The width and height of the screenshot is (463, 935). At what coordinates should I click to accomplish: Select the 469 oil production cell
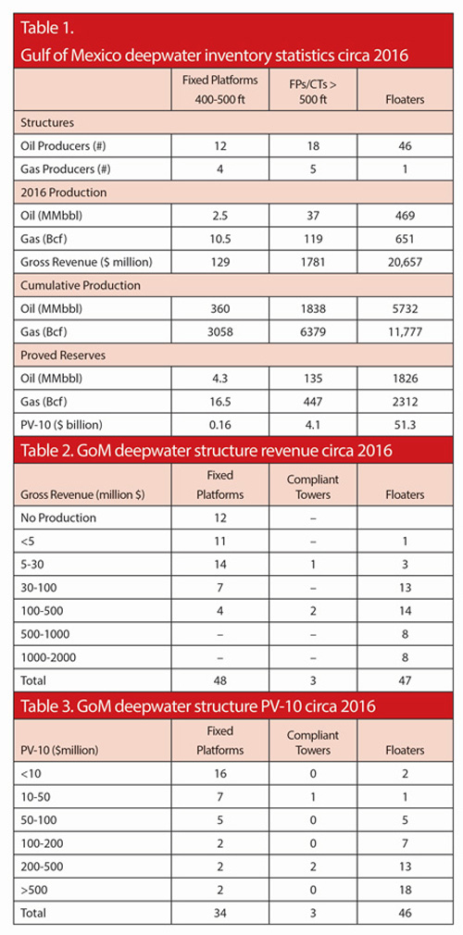(x=406, y=215)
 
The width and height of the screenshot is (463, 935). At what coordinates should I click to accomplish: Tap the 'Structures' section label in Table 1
(x=47, y=123)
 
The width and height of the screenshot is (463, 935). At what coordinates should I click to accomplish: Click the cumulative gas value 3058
(x=220, y=331)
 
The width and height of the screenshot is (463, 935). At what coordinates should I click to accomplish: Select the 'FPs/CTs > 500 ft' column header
(x=313, y=92)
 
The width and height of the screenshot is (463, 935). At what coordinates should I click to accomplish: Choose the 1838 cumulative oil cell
(x=313, y=309)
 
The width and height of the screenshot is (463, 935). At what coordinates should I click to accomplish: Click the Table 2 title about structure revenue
(x=206, y=450)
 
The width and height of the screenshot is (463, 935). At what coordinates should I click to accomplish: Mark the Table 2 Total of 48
(x=220, y=679)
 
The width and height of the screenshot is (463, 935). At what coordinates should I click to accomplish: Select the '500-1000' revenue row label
(x=44, y=634)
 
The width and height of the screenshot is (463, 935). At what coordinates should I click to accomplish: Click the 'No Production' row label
(x=58, y=517)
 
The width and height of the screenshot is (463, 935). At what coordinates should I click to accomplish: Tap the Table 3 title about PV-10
(x=198, y=706)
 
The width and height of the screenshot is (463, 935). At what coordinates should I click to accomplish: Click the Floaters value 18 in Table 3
(x=406, y=891)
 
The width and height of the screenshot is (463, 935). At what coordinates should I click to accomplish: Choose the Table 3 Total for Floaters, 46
(x=406, y=913)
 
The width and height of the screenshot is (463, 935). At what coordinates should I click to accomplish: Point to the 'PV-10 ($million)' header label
(x=56, y=750)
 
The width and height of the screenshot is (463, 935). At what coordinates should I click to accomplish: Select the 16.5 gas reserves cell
(x=220, y=401)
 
